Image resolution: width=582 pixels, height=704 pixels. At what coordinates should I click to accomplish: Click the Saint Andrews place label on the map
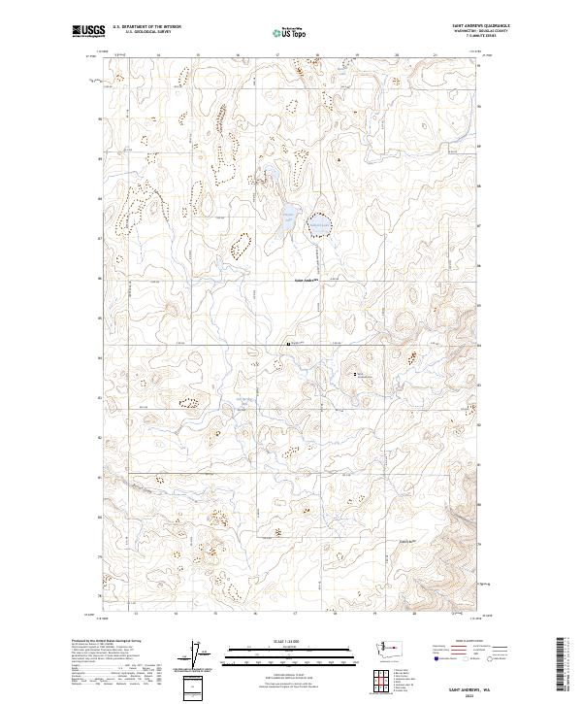coord(307,283)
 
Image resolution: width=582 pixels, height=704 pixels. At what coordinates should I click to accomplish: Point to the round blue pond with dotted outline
coord(319,226)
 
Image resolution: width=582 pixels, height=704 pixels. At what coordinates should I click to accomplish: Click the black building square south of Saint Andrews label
coord(288,343)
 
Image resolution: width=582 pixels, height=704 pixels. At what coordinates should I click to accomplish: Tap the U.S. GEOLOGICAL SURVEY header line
coord(141,32)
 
